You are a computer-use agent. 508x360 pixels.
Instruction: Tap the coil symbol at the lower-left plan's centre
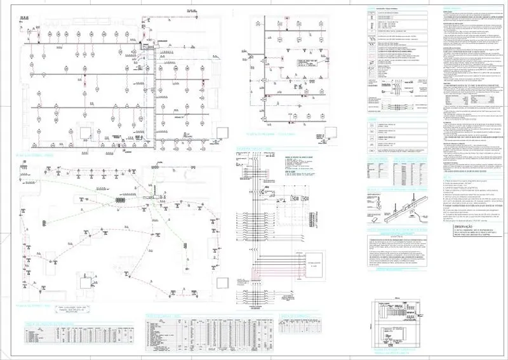coord(119,201)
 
